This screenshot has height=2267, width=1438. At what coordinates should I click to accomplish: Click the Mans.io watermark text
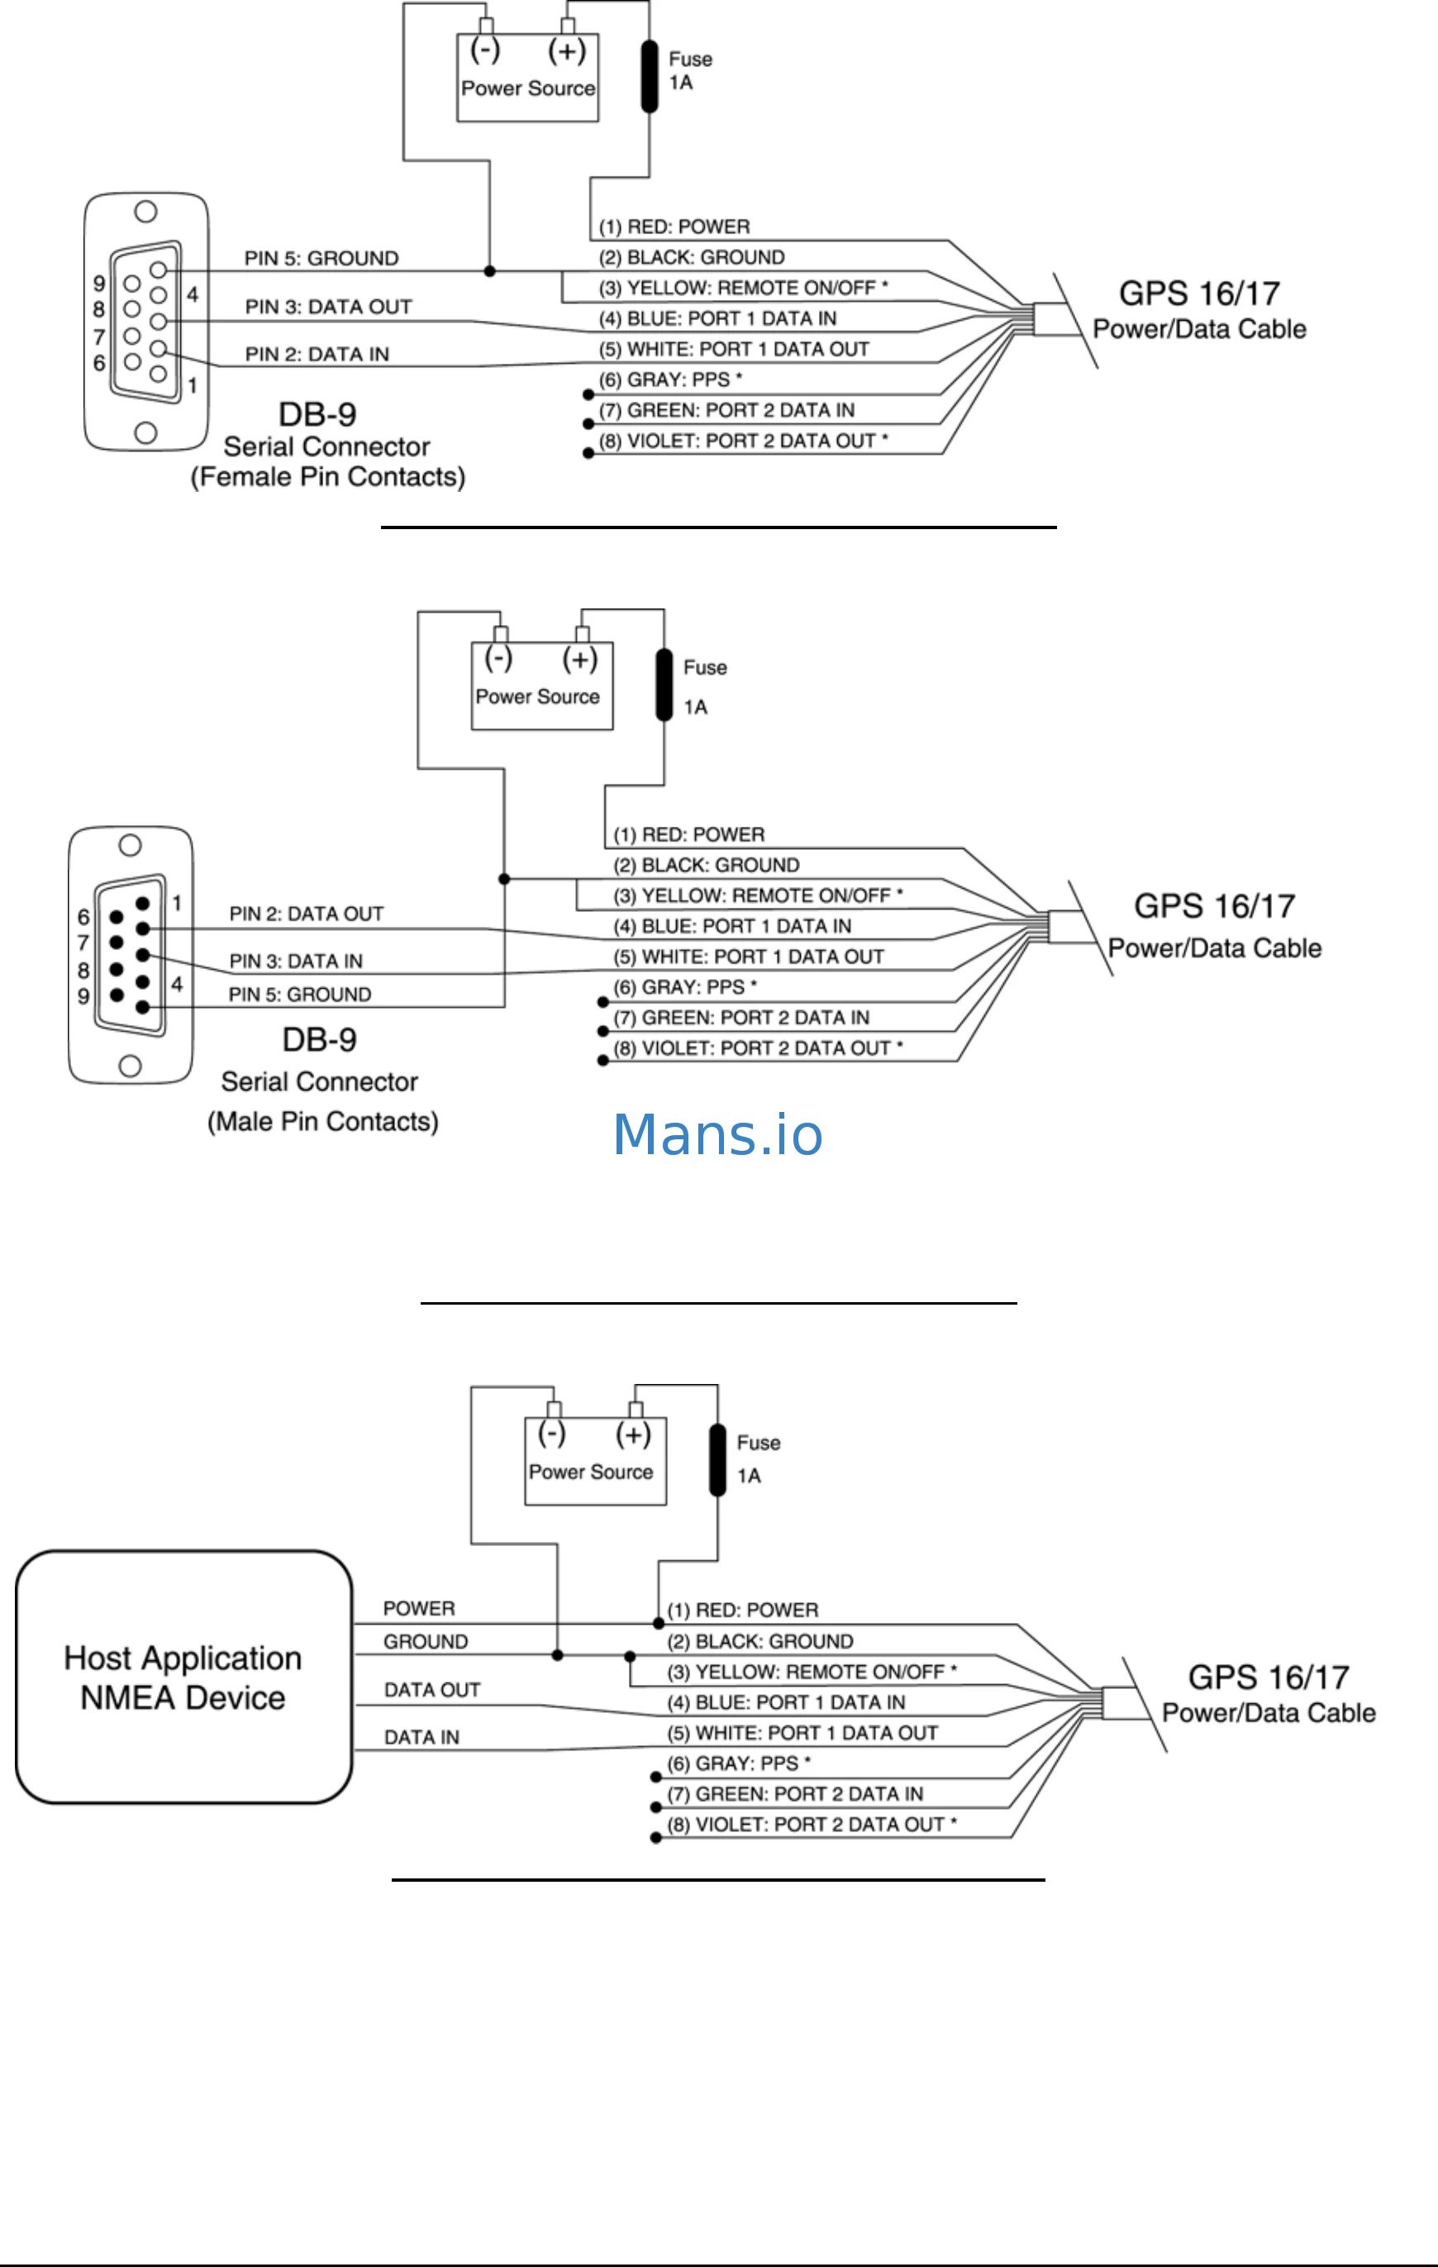(717, 1134)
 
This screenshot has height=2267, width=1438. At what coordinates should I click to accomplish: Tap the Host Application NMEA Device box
(183, 1677)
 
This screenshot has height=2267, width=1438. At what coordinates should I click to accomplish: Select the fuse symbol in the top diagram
(650, 76)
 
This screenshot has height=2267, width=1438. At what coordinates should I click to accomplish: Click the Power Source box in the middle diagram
(542, 685)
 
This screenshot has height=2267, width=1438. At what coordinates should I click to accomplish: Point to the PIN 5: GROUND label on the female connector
(321, 258)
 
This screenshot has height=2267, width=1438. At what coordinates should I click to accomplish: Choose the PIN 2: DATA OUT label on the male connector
(306, 914)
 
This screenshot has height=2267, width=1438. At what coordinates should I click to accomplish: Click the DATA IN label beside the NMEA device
(421, 1737)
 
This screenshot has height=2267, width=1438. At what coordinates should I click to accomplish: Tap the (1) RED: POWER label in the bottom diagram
(742, 1610)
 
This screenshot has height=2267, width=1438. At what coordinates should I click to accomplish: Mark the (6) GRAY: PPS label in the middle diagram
(685, 986)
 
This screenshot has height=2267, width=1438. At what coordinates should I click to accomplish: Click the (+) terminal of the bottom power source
(633, 1434)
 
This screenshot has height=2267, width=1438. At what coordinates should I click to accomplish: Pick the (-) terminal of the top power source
(484, 49)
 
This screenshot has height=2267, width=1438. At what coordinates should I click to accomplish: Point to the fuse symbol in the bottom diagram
(717, 1460)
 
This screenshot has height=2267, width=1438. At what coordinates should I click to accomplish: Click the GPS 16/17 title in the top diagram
(1199, 293)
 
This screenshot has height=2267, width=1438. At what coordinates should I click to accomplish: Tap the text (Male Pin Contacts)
(323, 1121)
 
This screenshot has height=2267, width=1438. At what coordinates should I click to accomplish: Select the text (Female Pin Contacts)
(327, 477)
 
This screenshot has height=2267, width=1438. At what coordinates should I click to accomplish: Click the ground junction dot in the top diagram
(489, 271)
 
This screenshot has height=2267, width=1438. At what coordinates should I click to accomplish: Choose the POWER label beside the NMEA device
(419, 1608)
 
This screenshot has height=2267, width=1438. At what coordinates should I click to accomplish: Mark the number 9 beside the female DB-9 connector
(99, 283)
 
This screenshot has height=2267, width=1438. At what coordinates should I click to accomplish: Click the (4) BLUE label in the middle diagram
(732, 925)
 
